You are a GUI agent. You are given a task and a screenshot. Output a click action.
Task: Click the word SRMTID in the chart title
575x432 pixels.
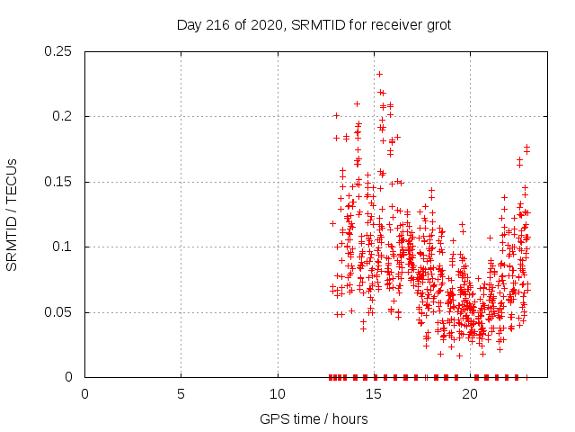point(316,25)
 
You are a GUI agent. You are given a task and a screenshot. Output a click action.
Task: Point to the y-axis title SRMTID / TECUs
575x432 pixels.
point(13,214)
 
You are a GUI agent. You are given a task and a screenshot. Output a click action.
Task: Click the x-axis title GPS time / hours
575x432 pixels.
point(314,418)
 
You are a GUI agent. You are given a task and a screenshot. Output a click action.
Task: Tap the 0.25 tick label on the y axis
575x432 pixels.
point(62,51)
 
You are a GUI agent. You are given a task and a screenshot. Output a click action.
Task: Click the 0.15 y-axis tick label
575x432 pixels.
point(62,182)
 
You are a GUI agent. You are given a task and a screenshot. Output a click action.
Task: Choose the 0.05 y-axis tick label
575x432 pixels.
point(62,312)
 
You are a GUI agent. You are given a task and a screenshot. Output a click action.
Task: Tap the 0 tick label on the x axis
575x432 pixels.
point(85,394)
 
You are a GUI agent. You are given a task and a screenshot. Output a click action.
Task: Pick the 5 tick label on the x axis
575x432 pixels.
point(181,394)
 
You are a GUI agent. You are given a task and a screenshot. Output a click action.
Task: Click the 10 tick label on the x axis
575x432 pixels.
point(278,394)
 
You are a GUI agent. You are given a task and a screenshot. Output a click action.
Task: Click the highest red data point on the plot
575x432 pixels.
point(379,74)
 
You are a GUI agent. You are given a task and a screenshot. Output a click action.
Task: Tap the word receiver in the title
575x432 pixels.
point(388,25)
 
